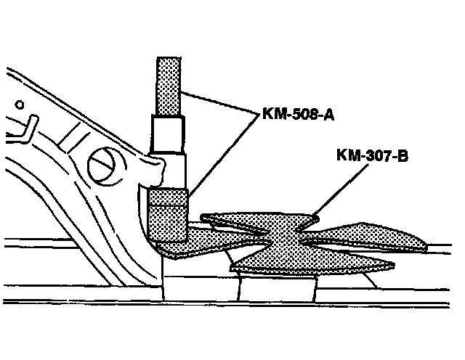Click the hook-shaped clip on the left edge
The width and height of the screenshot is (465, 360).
tap(25, 128)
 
